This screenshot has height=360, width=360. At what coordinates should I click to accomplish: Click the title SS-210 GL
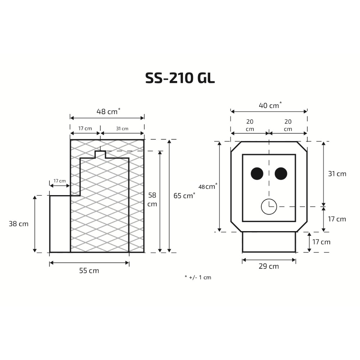click(180, 78)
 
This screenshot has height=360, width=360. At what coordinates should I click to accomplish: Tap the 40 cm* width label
click(270, 105)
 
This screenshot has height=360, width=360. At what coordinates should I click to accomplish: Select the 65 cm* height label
click(184, 195)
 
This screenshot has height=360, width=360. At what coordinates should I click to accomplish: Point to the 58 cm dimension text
click(152, 199)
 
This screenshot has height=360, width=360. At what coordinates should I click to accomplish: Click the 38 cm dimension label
click(19, 224)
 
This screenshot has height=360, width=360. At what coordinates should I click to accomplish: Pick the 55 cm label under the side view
click(89, 271)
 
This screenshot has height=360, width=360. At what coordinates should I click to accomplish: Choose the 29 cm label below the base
click(269, 266)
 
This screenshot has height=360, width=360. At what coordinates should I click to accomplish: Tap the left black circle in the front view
click(257, 174)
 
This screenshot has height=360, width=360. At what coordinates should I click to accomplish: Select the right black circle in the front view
click(281, 174)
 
